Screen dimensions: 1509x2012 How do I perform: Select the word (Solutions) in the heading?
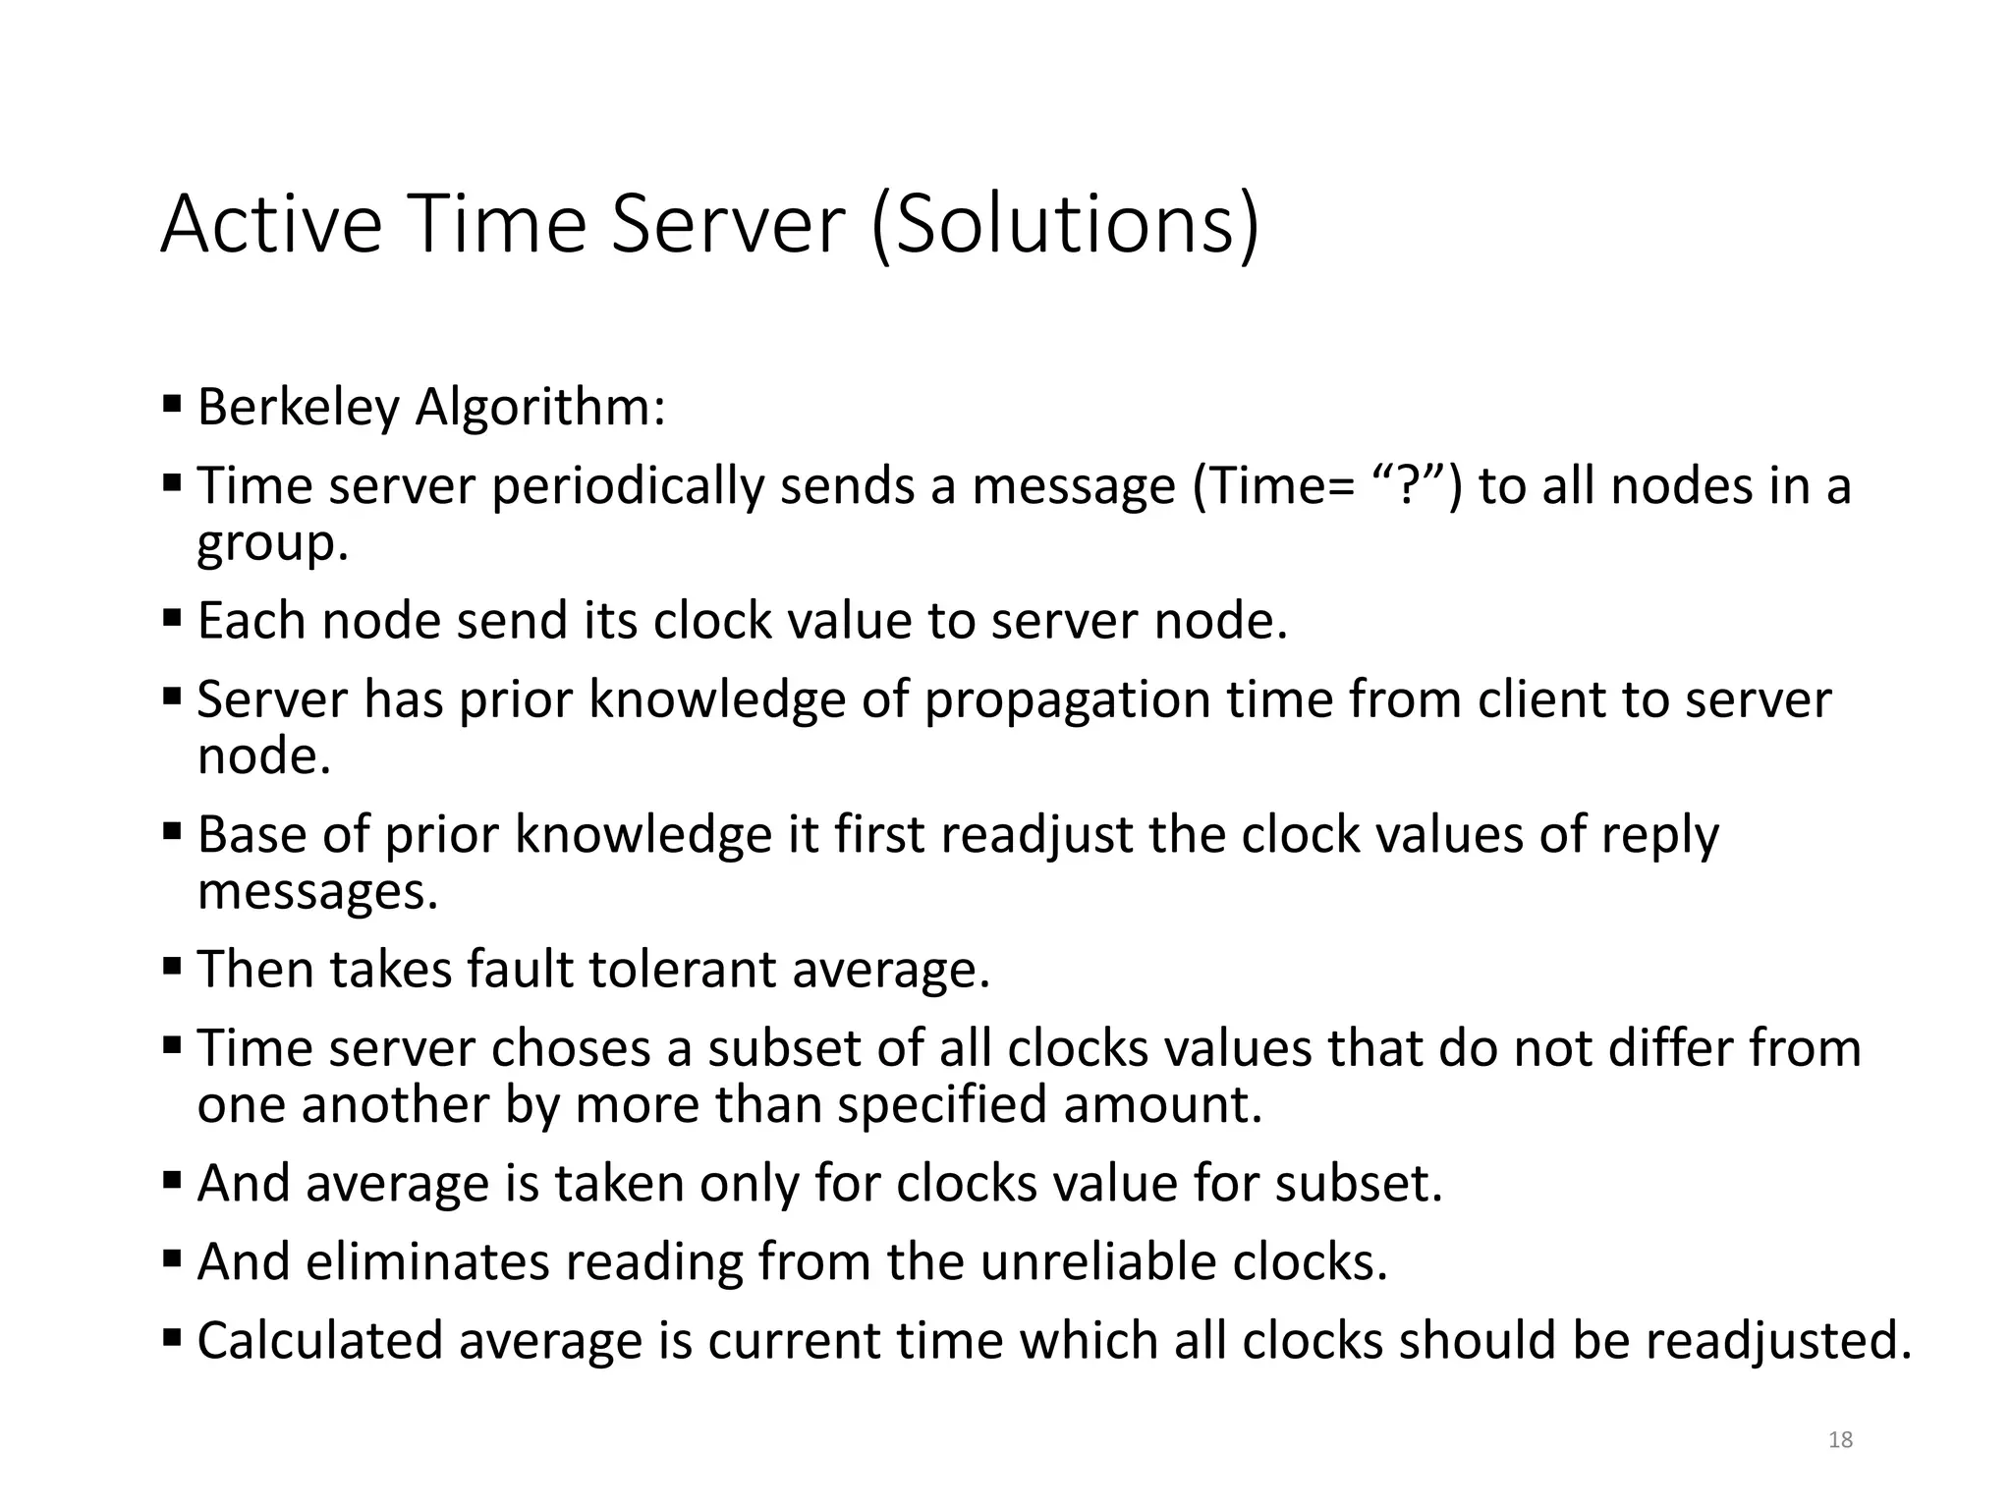point(1064,226)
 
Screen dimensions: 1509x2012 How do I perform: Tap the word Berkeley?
point(299,407)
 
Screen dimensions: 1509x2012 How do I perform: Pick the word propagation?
point(1067,699)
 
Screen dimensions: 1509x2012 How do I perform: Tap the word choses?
point(571,1047)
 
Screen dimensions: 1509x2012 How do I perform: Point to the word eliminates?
point(427,1261)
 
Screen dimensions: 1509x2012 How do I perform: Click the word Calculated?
point(320,1340)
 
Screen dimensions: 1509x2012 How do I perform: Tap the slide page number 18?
point(1840,1440)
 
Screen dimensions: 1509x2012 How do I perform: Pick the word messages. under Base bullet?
point(317,892)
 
